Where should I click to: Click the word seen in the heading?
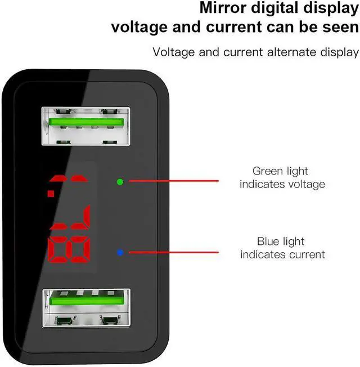[x=339, y=28]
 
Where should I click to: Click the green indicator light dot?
[x=119, y=182]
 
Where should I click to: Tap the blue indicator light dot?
[x=119, y=252]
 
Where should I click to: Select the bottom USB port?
[x=85, y=308]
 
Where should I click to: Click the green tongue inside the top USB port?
[x=85, y=122]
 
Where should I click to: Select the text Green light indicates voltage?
[x=282, y=177]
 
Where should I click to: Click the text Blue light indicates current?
[x=282, y=248]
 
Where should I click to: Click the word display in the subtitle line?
[x=340, y=52]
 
